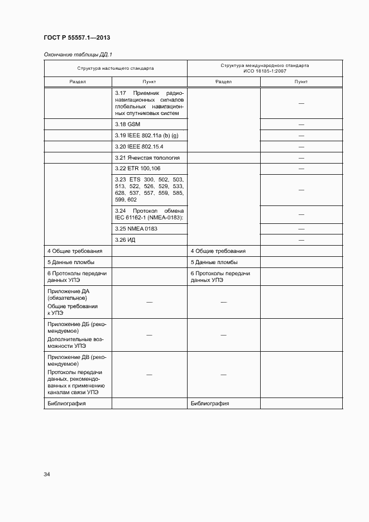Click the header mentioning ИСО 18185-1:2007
pyautogui.click(x=265, y=68)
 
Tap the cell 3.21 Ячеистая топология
pyautogui.click(x=150, y=158)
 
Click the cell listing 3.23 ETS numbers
pyautogui.click(x=149, y=189)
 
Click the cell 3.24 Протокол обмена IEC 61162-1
pyautogui.click(x=149, y=214)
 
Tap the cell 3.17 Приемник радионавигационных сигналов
pyautogui.click(x=149, y=103)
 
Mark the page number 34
pyautogui.click(x=47, y=475)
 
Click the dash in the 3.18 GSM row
pyautogui.click(x=301, y=124)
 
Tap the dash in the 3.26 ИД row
pyautogui.click(x=301, y=240)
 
